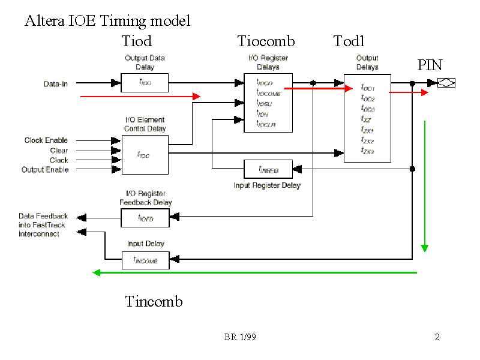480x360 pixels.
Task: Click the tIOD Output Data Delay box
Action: click(145, 83)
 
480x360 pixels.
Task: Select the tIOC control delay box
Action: click(145, 155)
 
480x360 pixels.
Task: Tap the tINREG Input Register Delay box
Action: click(268, 169)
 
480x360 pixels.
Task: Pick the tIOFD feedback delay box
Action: click(145, 218)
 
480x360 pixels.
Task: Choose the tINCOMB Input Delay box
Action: click(145, 260)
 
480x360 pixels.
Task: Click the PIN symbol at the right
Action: click(446, 83)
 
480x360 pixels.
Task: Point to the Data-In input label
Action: click(56, 84)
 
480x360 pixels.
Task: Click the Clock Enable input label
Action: click(46, 140)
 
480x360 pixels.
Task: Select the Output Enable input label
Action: click(45, 170)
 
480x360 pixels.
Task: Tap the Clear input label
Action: click(59, 151)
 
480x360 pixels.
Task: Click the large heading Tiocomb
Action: click(266, 41)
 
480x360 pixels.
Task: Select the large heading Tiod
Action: click(137, 41)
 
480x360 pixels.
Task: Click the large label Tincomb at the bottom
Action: click(154, 301)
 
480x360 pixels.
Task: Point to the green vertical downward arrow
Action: click(425, 186)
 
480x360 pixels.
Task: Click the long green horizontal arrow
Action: click(255, 273)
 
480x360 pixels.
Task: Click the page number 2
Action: click(437, 337)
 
